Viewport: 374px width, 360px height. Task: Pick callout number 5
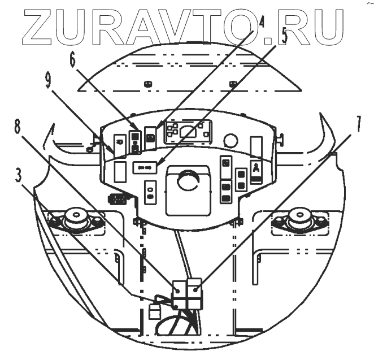[284, 37]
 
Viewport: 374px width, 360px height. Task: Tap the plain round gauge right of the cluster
[230, 139]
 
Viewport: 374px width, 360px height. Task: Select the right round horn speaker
[299, 219]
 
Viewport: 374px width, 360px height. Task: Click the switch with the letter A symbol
[256, 171]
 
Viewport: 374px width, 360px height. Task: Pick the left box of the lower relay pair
[180, 288]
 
